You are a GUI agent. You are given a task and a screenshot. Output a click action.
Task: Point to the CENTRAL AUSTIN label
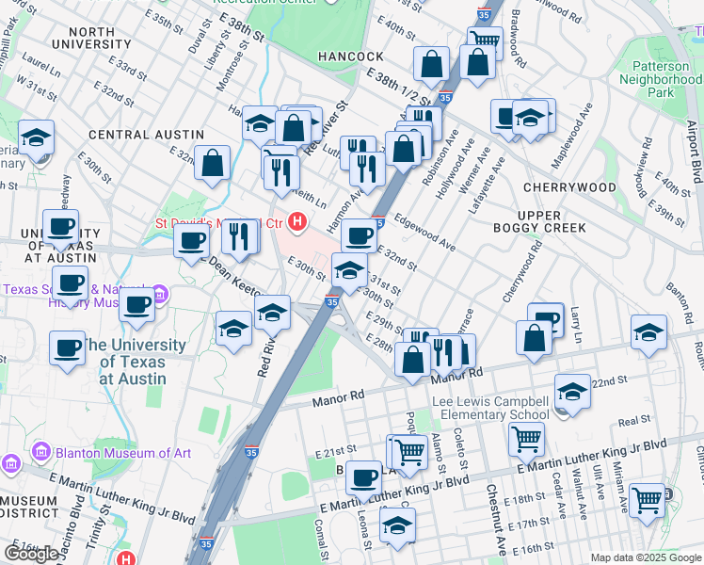pyautogui.click(x=146, y=136)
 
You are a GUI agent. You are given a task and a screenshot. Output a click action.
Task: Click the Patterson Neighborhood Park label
pyautogui.click(x=660, y=80)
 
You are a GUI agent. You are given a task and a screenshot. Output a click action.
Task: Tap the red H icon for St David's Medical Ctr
pyautogui.click(x=298, y=223)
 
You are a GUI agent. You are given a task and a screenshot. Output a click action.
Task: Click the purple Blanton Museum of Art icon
pyautogui.click(x=10, y=463)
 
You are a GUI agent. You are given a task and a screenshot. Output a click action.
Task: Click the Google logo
pyautogui.click(x=31, y=554)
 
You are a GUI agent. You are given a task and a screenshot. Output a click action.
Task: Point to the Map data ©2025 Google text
pyautogui.click(x=646, y=557)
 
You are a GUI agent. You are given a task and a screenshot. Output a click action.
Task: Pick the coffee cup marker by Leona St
pyautogui.click(x=363, y=476)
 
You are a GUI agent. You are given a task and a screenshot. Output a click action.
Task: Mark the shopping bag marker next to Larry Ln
pyautogui.click(x=534, y=340)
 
